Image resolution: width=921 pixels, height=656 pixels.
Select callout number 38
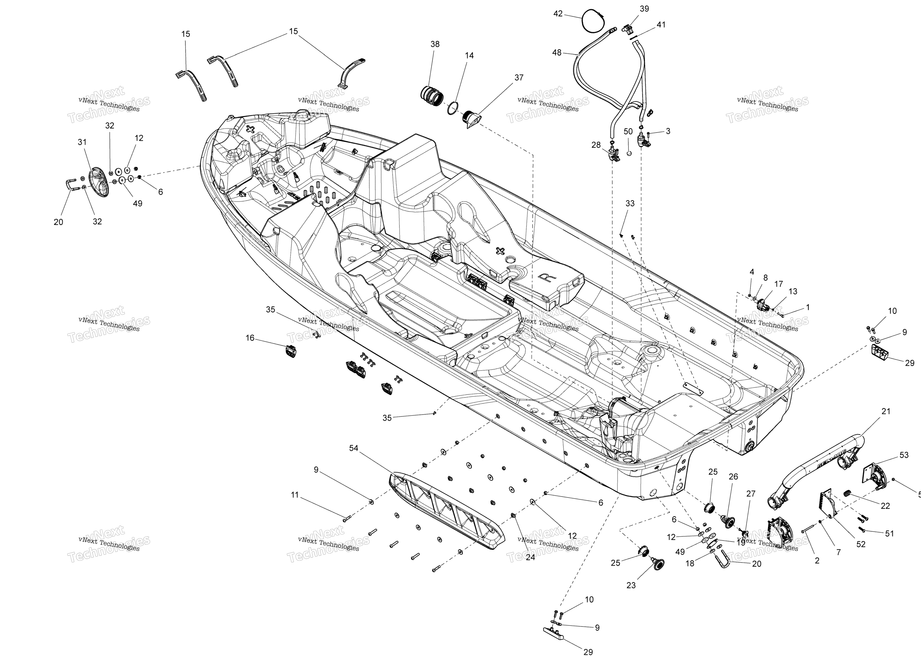click(x=435, y=44)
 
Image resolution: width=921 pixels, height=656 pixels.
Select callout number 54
click(x=354, y=448)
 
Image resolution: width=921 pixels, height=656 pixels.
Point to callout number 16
click(x=250, y=338)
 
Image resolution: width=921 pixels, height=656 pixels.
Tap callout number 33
click(x=630, y=204)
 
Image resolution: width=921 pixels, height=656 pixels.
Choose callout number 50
click(x=628, y=132)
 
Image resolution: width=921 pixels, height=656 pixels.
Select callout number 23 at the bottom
click(x=631, y=585)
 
